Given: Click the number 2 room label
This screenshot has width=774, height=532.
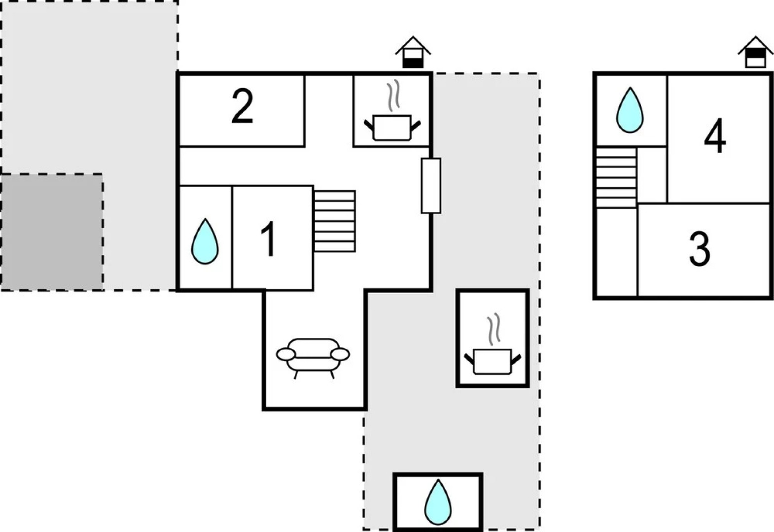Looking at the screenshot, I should (242, 106).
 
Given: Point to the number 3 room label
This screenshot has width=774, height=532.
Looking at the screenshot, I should (700, 249).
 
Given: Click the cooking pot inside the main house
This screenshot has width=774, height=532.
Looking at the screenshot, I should (392, 128).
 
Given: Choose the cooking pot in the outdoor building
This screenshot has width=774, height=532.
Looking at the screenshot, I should (493, 361).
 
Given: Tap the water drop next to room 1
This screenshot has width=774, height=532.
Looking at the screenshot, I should (205, 241).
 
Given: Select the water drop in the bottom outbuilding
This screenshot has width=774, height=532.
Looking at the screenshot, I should (438, 502).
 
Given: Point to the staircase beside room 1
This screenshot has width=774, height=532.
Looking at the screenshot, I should (335, 221).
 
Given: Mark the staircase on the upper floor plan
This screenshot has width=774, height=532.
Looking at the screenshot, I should (616, 177).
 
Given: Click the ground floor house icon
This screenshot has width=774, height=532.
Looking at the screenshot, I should (413, 52).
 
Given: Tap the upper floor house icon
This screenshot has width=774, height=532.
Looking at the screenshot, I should (755, 52).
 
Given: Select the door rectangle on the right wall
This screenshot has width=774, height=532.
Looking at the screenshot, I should (431, 186).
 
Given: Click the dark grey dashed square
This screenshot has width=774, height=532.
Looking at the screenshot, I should (52, 232).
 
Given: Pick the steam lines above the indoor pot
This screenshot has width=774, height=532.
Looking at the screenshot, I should (392, 97).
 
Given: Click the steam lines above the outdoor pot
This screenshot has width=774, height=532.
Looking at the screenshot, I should (493, 330).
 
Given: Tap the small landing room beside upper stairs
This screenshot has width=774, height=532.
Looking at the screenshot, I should (652, 175).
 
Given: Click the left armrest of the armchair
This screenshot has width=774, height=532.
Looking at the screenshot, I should (285, 354).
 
